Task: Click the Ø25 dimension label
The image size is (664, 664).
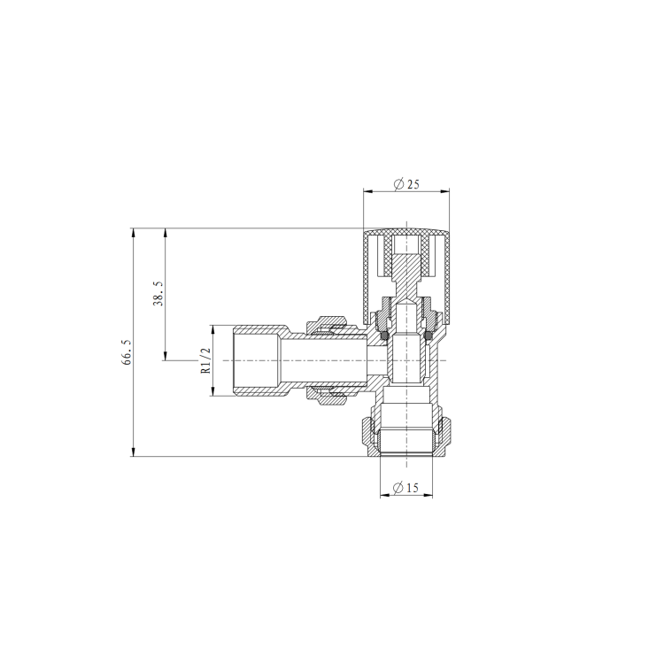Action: pyautogui.click(x=406, y=184)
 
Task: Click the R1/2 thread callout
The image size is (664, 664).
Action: pyautogui.click(x=205, y=360)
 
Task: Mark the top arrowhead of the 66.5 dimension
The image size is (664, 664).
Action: pyautogui.click(x=133, y=233)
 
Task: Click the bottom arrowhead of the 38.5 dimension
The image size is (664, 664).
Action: pyautogui.click(x=165, y=356)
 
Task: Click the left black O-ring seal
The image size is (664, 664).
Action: pyautogui.click(x=384, y=336)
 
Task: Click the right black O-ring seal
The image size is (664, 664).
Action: pyautogui.click(x=428, y=336)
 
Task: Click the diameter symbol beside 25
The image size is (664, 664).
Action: pyautogui.click(x=398, y=184)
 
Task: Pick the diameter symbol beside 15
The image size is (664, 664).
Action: pyautogui.click(x=398, y=488)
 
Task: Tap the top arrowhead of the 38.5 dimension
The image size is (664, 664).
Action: pyautogui.click(x=165, y=233)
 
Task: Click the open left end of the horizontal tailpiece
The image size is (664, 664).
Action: pyautogui.click(x=232, y=360)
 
